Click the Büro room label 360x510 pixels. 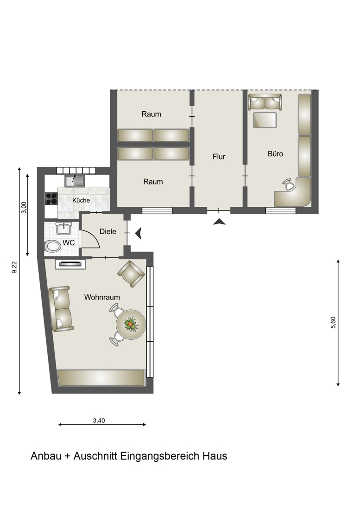[x=275, y=153]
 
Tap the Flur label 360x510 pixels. [x=219, y=156]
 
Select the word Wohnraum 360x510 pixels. [x=102, y=297]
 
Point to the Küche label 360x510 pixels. [x=81, y=200]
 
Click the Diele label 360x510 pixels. [x=108, y=231]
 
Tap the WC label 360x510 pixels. [x=69, y=242]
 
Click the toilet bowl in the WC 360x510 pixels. [x=53, y=246]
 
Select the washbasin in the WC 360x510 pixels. [x=63, y=229]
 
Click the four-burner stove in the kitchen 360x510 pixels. [x=51, y=198]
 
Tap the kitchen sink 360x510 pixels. [x=75, y=181]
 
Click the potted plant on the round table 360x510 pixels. [x=131, y=324]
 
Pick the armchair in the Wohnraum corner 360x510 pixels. [x=131, y=274]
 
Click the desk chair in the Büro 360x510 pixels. [x=289, y=185]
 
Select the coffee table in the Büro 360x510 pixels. [x=265, y=120]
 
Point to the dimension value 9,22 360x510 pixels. [x=14, y=268]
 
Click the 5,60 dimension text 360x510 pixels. [x=333, y=322]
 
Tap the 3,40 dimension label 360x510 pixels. [x=99, y=420]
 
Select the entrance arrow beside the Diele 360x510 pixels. [x=139, y=233]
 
